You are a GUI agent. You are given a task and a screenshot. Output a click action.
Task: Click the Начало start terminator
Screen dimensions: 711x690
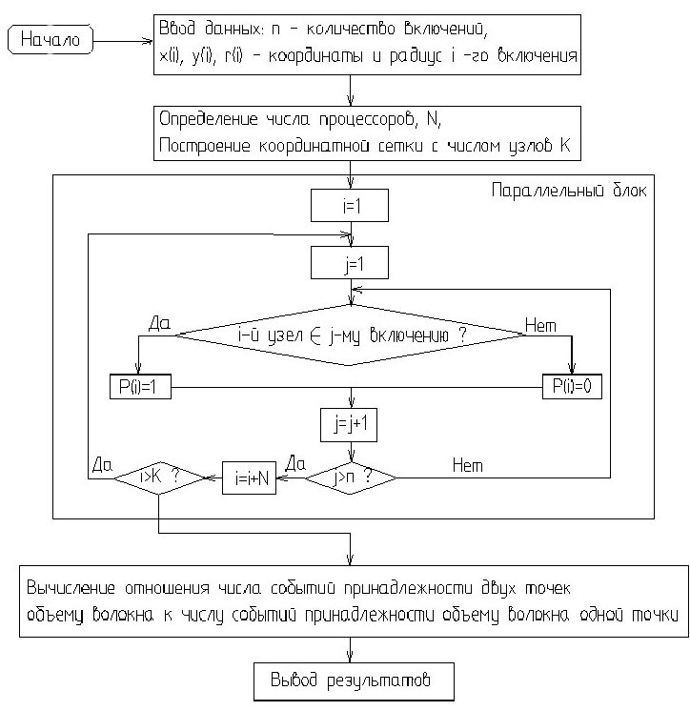(x=51, y=41)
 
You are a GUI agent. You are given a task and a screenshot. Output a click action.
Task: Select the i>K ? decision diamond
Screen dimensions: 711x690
(x=159, y=477)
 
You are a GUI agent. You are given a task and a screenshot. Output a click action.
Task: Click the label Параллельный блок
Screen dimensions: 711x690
(x=569, y=190)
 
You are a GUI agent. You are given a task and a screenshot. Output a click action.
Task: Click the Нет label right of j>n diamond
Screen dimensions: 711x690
(x=467, y=465)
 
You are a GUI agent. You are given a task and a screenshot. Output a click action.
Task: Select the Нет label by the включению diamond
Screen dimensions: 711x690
(x=539, y=326)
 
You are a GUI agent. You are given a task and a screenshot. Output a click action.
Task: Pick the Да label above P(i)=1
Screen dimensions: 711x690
(x=158, y=324)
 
